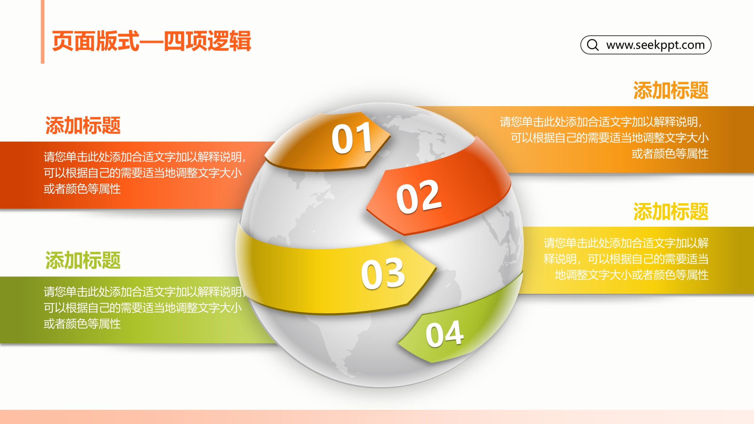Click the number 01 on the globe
tap(352, 138)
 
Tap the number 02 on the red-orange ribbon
tap(419, 197)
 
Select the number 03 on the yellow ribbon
tap(383, 273)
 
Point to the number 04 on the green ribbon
tap(445, 333)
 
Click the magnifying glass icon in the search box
tap(593, 45)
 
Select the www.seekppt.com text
tap(655, 45)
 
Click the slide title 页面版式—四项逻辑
tap(151, 41)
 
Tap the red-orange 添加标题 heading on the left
tap(83, 125)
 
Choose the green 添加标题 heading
tap(83, 260)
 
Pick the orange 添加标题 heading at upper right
tap(671, 90)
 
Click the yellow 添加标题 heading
tap(671, 212)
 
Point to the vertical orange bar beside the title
tap(43, 32)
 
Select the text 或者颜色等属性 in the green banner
tap(82, 324)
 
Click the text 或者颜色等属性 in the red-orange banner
tap(82, 189)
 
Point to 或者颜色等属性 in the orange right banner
tap(670, 154)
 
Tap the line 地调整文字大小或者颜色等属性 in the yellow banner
tap(632, 275)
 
